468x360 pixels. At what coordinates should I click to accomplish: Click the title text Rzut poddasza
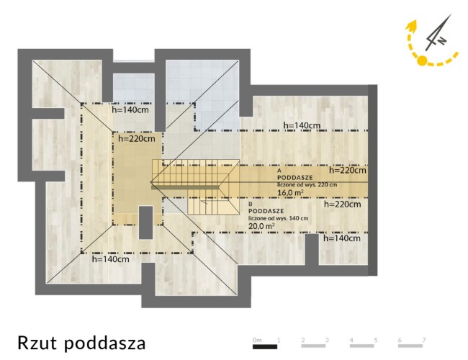pos(81,343)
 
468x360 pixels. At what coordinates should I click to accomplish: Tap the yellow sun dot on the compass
pos(422,60)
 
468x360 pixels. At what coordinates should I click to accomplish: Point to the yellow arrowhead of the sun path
pos(412,26)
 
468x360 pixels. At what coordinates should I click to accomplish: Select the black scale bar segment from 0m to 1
pos(265,346)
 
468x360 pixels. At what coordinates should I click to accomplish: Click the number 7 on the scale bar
pos(424,340)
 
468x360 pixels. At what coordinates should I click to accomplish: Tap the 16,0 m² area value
pos(290,192)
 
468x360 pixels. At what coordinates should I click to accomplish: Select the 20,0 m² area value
pos(262,226)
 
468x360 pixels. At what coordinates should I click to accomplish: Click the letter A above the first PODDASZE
pos(279,171)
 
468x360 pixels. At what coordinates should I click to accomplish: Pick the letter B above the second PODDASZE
pos(251,204)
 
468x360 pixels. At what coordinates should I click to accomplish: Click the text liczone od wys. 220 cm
pos(307,184)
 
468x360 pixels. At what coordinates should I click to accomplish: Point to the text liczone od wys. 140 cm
pos(279,218)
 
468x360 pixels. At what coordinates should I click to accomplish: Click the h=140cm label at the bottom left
pos(111,258)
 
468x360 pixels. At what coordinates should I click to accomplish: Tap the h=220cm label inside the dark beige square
pos(137,138)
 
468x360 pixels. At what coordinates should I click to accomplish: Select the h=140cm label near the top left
pos(130,109)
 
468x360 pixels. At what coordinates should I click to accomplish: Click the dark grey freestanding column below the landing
pos(146,222)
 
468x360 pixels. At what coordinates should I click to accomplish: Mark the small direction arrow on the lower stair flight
pos(204,202)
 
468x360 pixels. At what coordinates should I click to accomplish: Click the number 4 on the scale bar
pos(351,340)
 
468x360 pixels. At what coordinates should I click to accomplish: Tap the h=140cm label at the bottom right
pos(342,238)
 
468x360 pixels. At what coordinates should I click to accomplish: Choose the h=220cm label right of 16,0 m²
pos(348,170)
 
